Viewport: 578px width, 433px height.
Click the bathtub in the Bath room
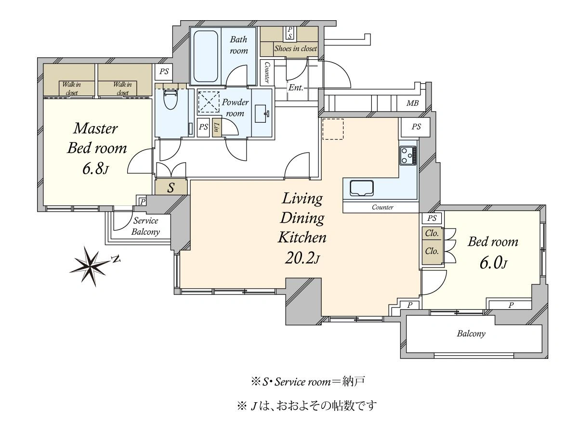[206, 56]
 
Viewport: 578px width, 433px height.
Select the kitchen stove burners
[408, 155]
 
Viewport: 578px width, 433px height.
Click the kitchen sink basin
[362, 188]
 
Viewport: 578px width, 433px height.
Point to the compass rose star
[91, 266]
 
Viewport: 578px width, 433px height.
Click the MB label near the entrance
[412, 103]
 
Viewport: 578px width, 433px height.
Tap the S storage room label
[171, 188]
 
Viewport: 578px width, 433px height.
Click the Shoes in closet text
[295, 49]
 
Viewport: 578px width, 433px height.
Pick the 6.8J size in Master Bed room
[95, 168]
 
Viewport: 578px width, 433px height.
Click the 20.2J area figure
[302, 258]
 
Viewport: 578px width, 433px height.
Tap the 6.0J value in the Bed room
[493, 263]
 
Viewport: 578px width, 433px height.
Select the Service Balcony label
[145, 226]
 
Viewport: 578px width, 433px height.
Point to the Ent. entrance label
[296, 88]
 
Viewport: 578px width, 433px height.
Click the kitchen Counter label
[382, 207]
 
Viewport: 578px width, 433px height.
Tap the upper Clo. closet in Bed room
[432, 233]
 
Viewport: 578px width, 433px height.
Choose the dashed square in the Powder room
[209, 102]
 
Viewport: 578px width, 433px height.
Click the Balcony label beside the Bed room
[471, 333]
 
